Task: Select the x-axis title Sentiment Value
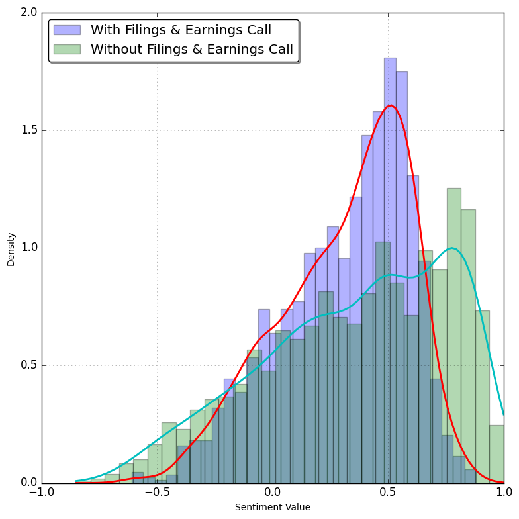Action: (273, 508)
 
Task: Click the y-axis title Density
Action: (11, 249)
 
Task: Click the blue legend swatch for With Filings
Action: (67, 30)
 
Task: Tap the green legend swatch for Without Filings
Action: (67, 50)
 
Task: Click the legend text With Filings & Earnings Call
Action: (181, 30)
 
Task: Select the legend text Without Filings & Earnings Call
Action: (191, 50)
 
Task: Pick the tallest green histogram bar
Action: (453, 331)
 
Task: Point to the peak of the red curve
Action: (391, 105)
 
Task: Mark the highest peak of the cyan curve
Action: (452, 248)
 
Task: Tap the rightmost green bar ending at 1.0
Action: (496, 457)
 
